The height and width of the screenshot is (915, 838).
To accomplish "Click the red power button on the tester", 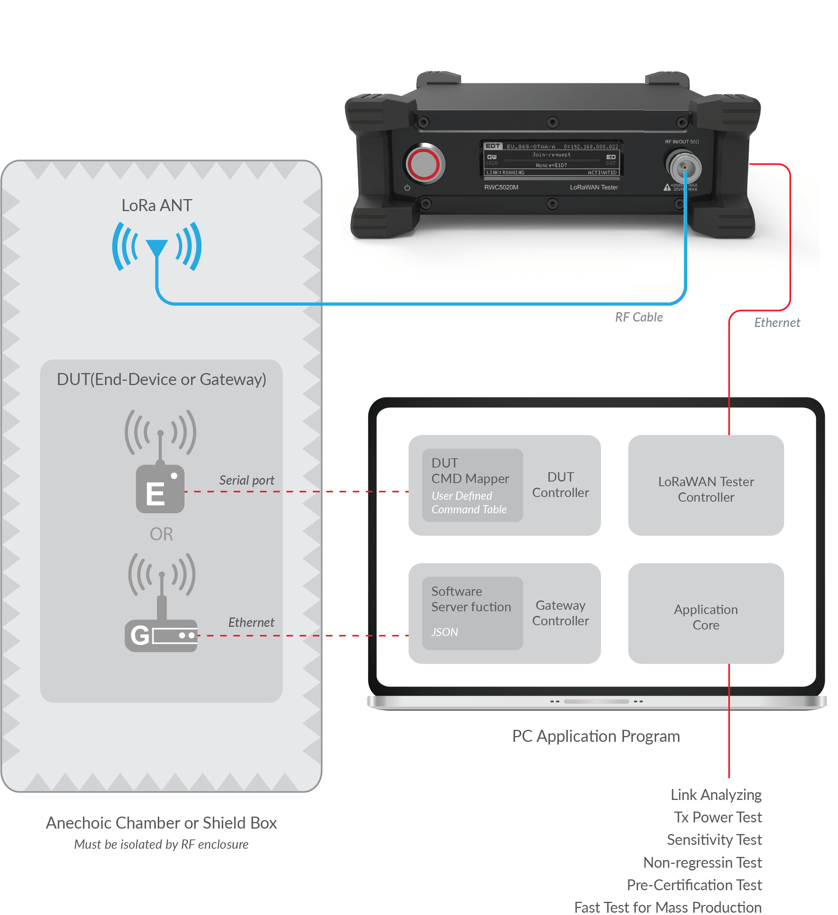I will [x=423, y=164].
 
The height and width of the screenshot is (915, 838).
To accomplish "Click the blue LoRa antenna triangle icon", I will [x=157, y=248].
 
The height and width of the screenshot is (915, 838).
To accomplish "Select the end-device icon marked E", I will [x=160, y=489].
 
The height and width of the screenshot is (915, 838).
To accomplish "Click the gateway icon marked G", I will [x=161, y=635].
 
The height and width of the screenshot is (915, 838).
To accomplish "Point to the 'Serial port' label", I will [x=247, y=480].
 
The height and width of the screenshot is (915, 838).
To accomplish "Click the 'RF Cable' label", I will [x=639, y=317].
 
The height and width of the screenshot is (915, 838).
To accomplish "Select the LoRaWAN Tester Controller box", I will [x=705, y=485].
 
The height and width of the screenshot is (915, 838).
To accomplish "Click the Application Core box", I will [x=705, y=613].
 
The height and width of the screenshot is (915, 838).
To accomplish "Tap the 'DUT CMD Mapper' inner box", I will [x=472, y=485].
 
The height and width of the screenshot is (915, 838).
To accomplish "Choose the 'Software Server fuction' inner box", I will [x=472, y=613].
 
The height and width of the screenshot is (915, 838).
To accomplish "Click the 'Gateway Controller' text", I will [x=560, y=613].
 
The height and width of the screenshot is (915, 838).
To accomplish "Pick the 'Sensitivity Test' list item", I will [x=714, y=840].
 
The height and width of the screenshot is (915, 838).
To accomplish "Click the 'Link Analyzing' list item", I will [x=716, y=795].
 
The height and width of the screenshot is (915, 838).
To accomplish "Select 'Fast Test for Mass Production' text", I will [x=668, y=907].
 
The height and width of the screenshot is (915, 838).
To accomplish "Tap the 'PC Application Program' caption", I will [x=596, y=736].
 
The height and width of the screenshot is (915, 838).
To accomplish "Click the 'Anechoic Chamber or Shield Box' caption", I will [x=161, y=823].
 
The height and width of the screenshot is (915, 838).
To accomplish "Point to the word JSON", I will [x=444, y=632].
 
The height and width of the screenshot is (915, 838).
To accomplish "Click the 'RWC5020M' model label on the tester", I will [x=501, y=187].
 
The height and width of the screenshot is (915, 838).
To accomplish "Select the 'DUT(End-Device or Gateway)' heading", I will [x=161, y=379].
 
